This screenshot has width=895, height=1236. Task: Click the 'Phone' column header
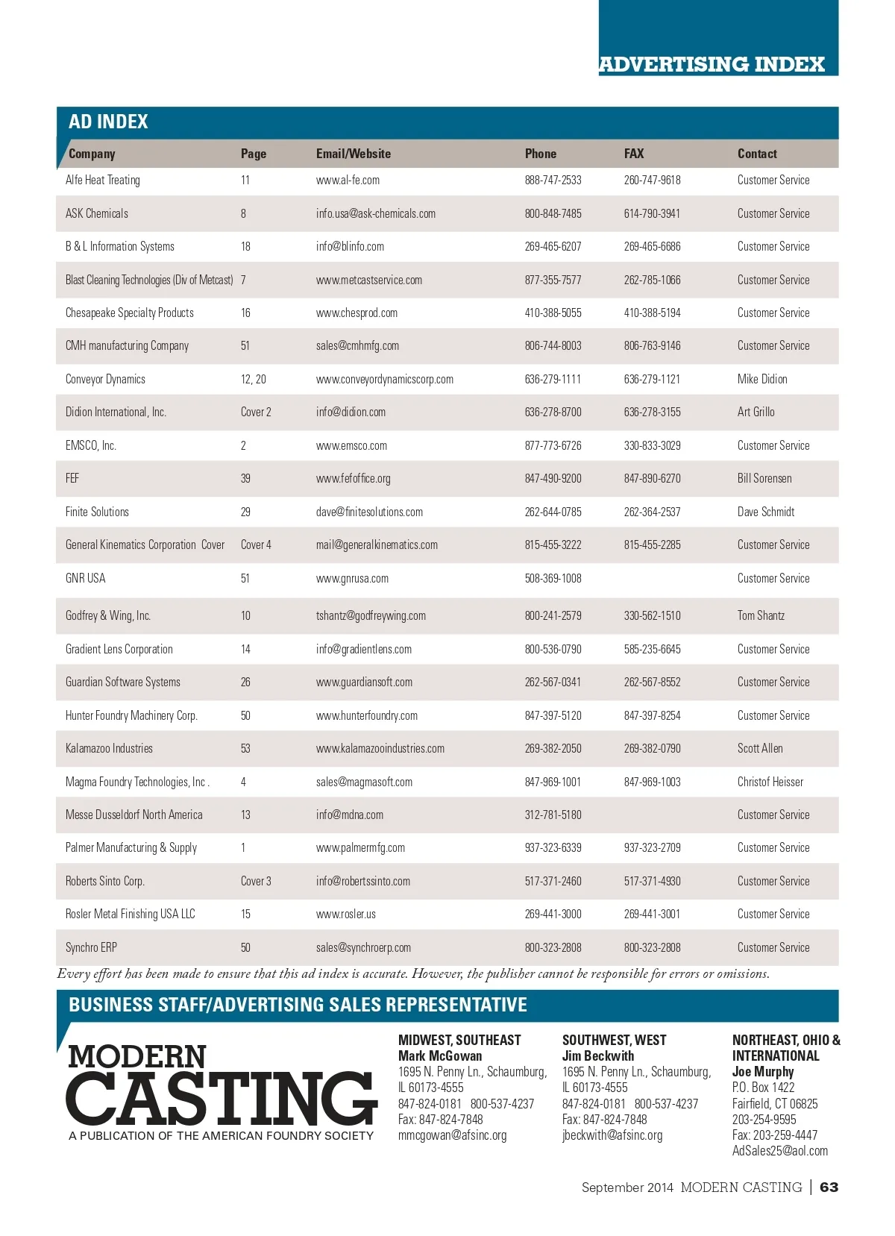coord(540,154)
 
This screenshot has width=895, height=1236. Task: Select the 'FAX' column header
coord(633,154)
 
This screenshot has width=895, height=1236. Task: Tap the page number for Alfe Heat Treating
coord(245,181)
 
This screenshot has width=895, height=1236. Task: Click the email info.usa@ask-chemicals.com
coord(375,214)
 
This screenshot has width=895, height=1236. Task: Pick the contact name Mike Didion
coord(761,380)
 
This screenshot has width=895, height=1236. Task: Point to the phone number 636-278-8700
coord(553,412)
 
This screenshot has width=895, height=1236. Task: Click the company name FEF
coord(72,479)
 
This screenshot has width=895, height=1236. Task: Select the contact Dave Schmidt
coord(765,512)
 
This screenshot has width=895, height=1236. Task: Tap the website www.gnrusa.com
coord(352,579)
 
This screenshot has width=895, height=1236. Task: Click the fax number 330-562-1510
coord(652,616)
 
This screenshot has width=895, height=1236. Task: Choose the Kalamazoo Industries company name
coord(109,749)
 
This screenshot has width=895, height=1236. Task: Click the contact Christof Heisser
coord(770,782)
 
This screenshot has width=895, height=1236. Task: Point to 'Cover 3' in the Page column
coord(256,882)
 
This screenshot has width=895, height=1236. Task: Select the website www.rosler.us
coord(345,915)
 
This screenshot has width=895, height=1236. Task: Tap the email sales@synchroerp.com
coord(363,948)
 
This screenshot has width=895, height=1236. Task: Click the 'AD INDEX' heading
coord(108,122)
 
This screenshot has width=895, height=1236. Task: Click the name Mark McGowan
coord(439,1056)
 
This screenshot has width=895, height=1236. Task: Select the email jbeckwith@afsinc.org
coord(612,1135)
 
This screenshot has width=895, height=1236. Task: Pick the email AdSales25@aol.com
coord(779,1151)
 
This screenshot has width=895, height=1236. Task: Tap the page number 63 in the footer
coord(829,1188)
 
